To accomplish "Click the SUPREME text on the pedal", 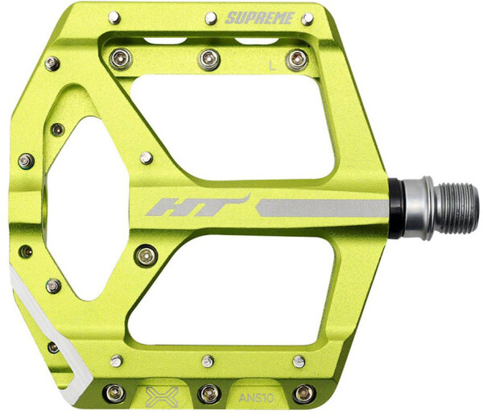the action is coord(260,19).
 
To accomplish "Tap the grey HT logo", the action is coord(199,205).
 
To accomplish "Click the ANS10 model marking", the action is coord(256,398).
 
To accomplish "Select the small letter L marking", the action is coord(272,66).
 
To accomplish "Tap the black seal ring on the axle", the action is coord(396,209).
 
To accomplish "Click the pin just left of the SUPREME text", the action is coord(211,19).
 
